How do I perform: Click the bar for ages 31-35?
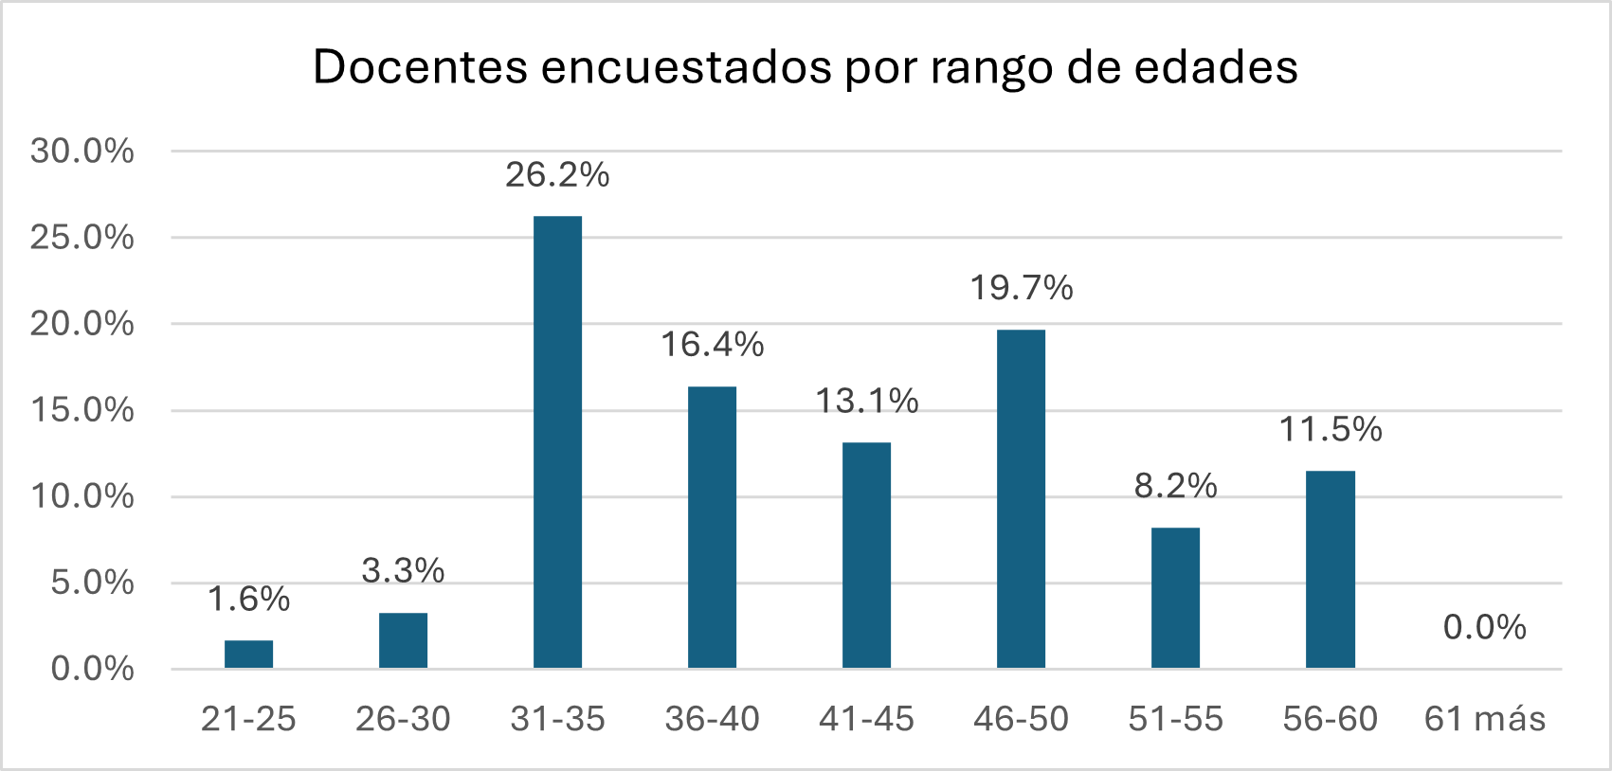pos(557,442)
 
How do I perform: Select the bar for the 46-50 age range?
pos(1021,499)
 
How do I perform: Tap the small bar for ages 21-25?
pos(248,654)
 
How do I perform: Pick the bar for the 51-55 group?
pos(1175,598)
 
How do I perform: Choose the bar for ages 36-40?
pos(712,528)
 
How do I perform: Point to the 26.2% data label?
pos(557,175)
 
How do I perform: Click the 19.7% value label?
pos(1021,288)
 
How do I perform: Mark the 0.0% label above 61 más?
pos(1484,627)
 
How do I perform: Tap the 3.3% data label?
pos(403,571)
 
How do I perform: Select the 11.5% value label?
pos(1331,430)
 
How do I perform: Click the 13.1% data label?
pos(867,402)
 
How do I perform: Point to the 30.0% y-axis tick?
pos(82,151)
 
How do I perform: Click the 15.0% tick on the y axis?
pos(82,410)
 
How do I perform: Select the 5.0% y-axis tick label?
pos(92,583)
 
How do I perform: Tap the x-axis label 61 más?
pos(1484,719)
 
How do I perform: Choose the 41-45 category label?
pos(866,719)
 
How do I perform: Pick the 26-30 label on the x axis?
pos(403,719)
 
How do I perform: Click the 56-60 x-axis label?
pos(1331,719)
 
